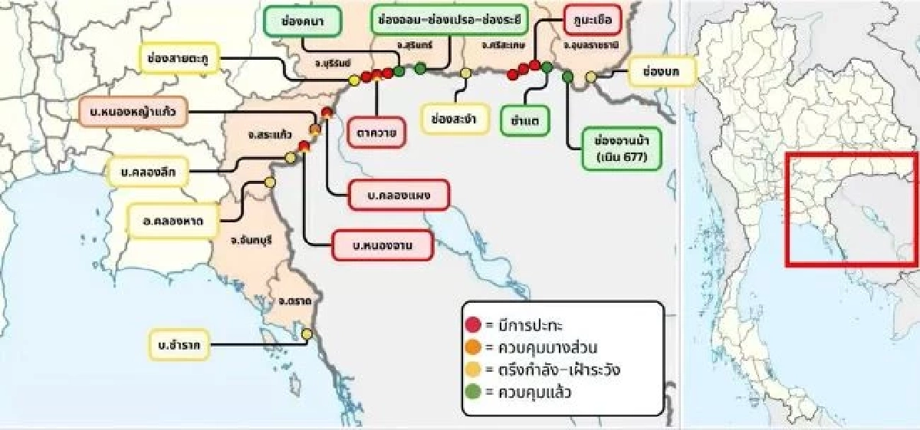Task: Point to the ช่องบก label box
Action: pos(661,72)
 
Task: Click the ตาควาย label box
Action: pos(376,131)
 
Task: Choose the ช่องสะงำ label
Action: pos(455,120)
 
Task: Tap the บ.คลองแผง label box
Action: pos(397,195)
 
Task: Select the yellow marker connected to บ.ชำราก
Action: pos(307,333)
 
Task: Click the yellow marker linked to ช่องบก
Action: pos(591,77)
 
